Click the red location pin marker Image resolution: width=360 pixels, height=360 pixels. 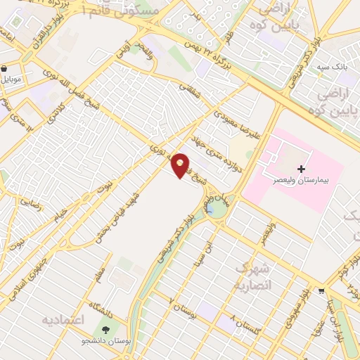tap(181, 165)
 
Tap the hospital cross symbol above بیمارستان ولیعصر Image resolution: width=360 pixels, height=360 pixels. tap(302, 169)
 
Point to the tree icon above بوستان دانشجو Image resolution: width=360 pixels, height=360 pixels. tap(107, 329)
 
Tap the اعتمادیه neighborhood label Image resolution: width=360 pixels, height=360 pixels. tap(63, 321)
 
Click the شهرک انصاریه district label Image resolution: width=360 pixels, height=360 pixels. tap(250, 277)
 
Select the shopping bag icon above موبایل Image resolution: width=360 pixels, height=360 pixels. tap(6, 70)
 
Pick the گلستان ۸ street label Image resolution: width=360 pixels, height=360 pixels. tap(240, 326)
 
